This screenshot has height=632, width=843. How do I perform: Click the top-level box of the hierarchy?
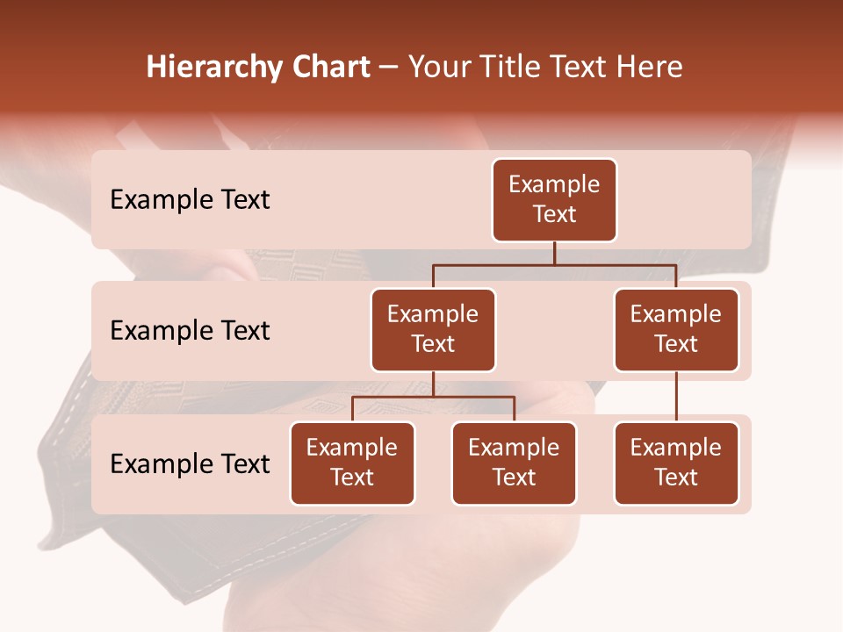(x=554, y=200)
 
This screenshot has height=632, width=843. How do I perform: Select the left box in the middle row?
(x=433, y=330)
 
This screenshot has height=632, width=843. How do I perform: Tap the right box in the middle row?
(x=676, y=330)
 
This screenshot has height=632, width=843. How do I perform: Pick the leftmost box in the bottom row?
(x=352, y=463)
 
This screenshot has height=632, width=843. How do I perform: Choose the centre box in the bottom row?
(x=514, y=463)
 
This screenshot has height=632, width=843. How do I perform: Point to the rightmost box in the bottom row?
(x=676, y=463)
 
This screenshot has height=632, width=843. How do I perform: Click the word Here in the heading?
(x=650, y=68)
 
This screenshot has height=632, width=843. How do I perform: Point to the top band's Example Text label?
(x=190, y=200)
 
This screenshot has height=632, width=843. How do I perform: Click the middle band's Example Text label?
(x=190, y=331)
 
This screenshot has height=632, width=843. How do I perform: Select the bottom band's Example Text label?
(x=190, y=464)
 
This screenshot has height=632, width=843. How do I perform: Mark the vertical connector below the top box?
(x=554, y=253)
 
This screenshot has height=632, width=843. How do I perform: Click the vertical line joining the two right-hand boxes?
(x=676, y=397)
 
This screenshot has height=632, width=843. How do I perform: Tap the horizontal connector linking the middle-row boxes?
(x=554, y=265)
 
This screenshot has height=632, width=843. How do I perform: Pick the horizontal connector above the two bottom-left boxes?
(x=433, y=397)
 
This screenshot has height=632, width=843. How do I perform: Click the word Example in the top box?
(x=554, y=184)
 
